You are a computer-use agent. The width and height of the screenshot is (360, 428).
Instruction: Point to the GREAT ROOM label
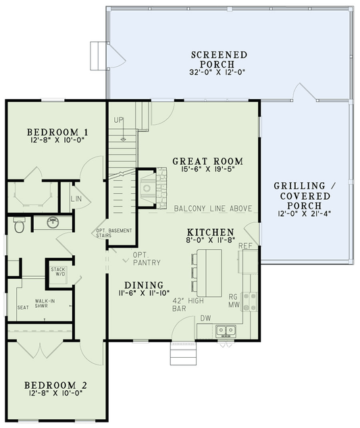(x=207, y=161)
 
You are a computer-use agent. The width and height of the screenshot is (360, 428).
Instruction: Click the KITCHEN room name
(x=210, y=232)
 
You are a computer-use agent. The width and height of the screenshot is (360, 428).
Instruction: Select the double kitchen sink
(x=226, y=331)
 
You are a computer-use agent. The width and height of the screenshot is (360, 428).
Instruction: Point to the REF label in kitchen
(x=246, y=246)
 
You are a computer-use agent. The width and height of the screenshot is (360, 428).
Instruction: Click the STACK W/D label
(x=57, y=271)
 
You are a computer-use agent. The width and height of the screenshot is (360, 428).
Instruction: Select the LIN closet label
(x=76, y=200)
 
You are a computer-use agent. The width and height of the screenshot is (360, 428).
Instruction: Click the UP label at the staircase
(x=119, y=120)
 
